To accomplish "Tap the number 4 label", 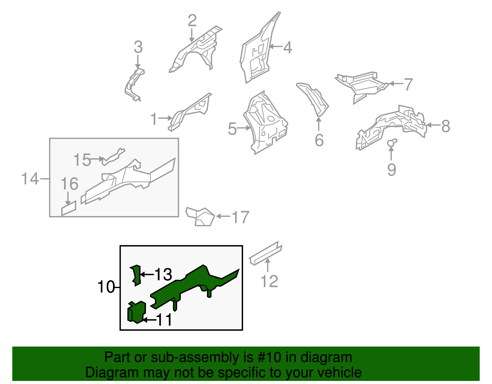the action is pos(288,48).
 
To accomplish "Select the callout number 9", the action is pos(392,169).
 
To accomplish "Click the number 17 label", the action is pos(240,217).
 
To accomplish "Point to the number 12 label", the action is pos(269,281).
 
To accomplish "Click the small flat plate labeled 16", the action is pos(69,208).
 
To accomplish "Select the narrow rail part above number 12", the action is pos(266,253).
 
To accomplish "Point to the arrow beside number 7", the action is pos(396,84).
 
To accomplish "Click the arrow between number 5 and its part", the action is pos(244,128).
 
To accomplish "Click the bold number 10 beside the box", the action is pos(106,287).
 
